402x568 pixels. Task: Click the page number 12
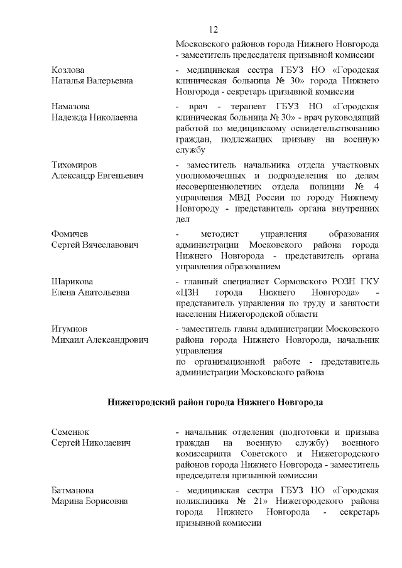213,29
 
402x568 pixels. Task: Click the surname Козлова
67,70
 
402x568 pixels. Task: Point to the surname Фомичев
70,234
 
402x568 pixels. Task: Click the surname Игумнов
69,328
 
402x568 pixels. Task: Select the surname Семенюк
70,432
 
